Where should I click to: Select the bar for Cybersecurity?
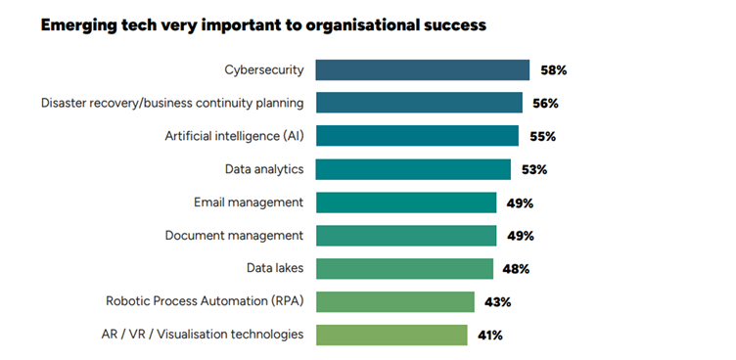pyautogui.click(x=422, y=69)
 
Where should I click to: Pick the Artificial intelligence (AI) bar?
pyautogui.click(x=417, y=136)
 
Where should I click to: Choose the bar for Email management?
pyautogui.click(x=406, y=202)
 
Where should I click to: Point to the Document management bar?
pyautogui.click(x=406, y=236)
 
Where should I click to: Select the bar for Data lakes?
pyautogui.click(x=404, y=269)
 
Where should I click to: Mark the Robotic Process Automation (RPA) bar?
pyautogui.click(x=395, y=301)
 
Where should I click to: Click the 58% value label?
pyautogui.click(x=554, y=70)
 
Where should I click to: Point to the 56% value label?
pyautogui.click(x=546, y=104)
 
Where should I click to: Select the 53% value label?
pyautogui.click(x=534, y=170)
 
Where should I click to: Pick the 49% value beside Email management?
pyautogui.click(x=520, y=203)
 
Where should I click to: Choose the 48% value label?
pyautogui.click(x=517, y=269)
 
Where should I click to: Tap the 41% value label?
pyautogui.click(x=490, y=336)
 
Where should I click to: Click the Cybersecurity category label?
pyautogui.click(x=263, y=69)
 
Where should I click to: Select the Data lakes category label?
pyautogui.click(x=274, y=268)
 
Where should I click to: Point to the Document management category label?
pyautogui.click(x=234, y=235)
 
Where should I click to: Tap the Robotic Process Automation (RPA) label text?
pyautogui.click(x=205, y=301)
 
